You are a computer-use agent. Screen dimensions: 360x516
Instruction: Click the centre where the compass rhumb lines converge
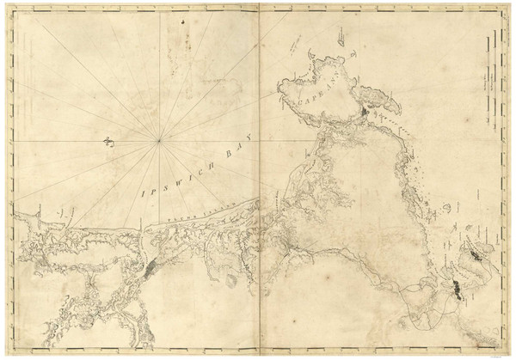coord(159,140)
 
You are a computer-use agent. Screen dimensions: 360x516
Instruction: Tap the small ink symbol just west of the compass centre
coord(109,143)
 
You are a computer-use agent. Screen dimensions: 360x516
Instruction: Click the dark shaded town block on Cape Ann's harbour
coord(365,112)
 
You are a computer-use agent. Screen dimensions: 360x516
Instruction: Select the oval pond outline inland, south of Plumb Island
coord(230,280)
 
